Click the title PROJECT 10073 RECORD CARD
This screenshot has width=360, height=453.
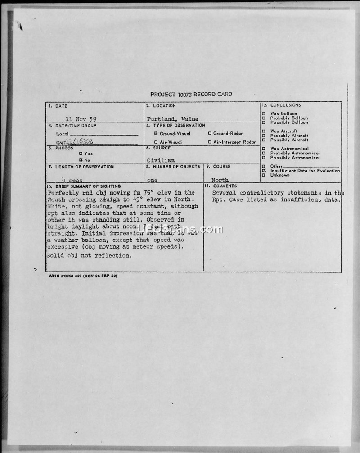click(191, 95)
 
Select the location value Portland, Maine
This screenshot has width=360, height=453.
click(172, 119)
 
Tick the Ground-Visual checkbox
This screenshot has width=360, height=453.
click(156, 134)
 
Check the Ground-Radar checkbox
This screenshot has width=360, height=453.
click(210, 134)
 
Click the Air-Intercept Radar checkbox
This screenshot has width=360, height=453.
click(210, 142)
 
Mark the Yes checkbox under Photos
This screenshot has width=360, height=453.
click(80, 154)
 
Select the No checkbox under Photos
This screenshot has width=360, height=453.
click(80, 160)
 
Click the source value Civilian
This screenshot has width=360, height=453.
click(161, 160)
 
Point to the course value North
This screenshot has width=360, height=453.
click(220, 180)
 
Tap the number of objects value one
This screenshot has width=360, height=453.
click(152, 180)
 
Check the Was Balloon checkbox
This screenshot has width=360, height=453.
click(264, 113)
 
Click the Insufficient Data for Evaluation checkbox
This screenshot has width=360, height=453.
click(264, 171)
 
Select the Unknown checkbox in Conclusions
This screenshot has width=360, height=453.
click(264, 175)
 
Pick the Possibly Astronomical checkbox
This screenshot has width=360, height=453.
click(264, 158)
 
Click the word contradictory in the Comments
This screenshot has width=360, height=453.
click(261, 193)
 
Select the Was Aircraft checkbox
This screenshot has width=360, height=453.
click(264, 131)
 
